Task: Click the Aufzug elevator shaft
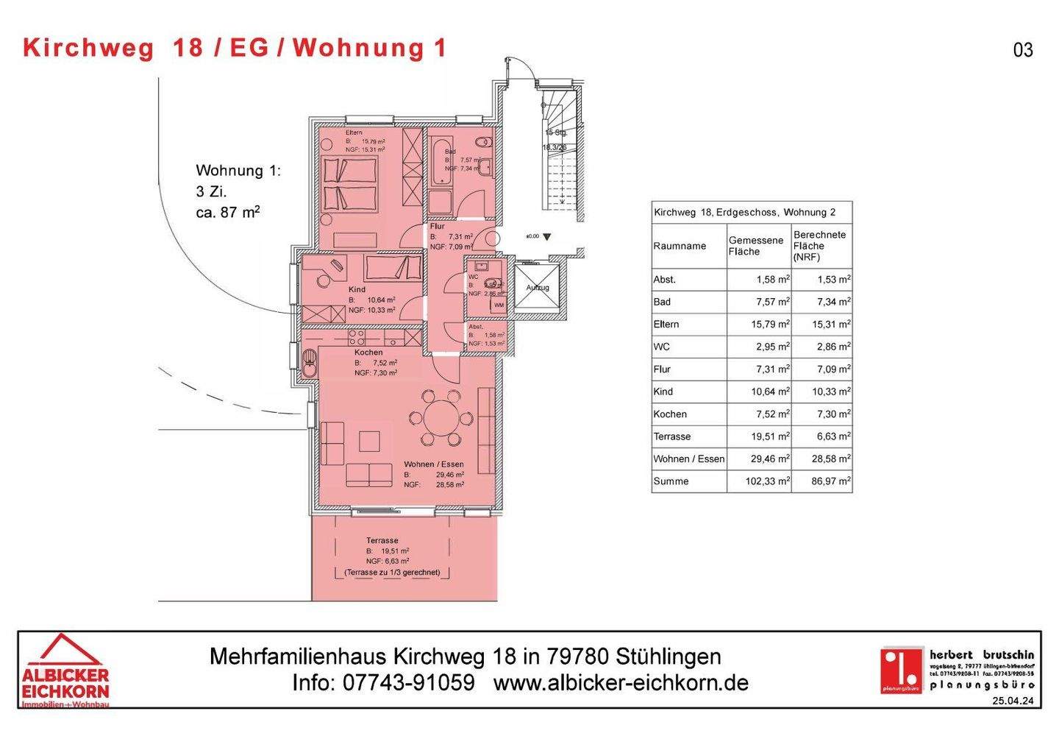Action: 537,289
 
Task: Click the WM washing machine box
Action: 499,305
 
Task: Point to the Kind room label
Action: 357,290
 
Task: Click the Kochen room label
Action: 368,353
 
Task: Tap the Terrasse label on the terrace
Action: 382,541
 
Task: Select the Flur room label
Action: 438,227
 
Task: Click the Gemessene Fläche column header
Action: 755,246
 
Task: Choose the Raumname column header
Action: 680,246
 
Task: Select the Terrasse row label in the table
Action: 672,436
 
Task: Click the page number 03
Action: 1023,50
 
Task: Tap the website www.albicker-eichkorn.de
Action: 621,683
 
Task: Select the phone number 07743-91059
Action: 408,683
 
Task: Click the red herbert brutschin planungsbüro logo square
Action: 902,670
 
